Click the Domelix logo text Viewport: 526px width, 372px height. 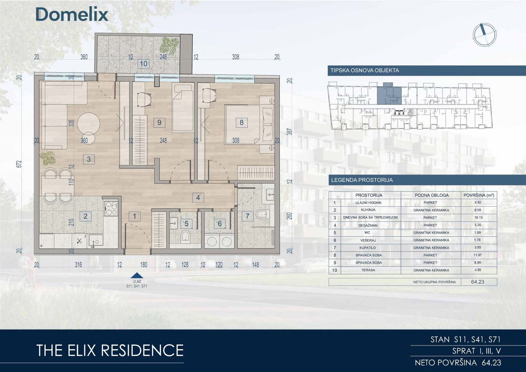(x=72, y=14)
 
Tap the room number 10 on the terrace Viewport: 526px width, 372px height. (x=144, y=64)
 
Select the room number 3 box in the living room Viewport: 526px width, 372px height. (x=89, y=159)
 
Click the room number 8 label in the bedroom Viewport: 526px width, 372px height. (x=241, y=123)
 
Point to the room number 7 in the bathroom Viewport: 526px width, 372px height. (x=248, y=216)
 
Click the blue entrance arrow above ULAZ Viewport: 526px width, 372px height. (x=137, y=276)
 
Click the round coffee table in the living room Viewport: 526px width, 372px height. (x=89, y=124)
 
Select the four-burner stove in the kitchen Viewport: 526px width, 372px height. (x=111, y=208)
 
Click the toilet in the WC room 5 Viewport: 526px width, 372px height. (x=186, y=237)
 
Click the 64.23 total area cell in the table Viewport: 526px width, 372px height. (x=478, y=282)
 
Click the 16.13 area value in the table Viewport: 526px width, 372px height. (x=478, y=217)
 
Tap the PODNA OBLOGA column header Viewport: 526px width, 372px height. (x=432, y=195)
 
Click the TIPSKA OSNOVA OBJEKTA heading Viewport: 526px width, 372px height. (x=365, y=71)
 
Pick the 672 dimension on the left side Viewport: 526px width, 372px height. (x=20, y=164)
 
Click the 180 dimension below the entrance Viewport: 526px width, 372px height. (x=144, y=265)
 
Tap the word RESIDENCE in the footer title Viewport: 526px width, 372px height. (x=143, y=350)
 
